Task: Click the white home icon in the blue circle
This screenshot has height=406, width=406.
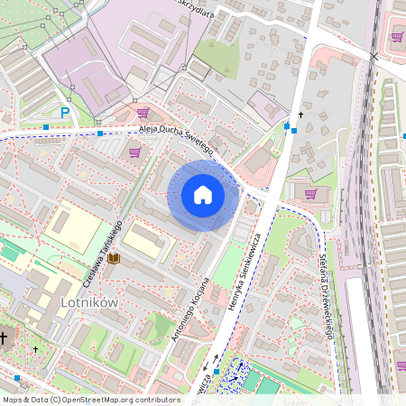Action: [203, 195]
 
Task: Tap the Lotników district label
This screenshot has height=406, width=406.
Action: [88, 302]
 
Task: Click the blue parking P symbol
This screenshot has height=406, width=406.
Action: [64, 113]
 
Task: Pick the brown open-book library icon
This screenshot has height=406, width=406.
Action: [114, 259]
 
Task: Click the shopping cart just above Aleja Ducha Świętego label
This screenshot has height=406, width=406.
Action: [143, 113]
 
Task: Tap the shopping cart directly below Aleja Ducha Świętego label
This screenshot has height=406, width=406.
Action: [134, 152]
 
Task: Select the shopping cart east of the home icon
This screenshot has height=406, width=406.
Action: [310, 192]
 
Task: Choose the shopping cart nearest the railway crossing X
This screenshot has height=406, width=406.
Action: [397, 37]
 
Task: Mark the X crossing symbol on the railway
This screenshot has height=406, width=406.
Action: [374, 57]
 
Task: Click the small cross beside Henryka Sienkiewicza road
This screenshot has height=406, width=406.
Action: [300, 115]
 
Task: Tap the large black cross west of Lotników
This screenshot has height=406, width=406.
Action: [4, 338]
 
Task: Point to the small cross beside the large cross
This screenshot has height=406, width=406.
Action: [36, 348]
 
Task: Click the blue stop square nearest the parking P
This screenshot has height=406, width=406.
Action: [46, 127]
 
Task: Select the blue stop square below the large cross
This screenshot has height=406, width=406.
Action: [17, 377]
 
